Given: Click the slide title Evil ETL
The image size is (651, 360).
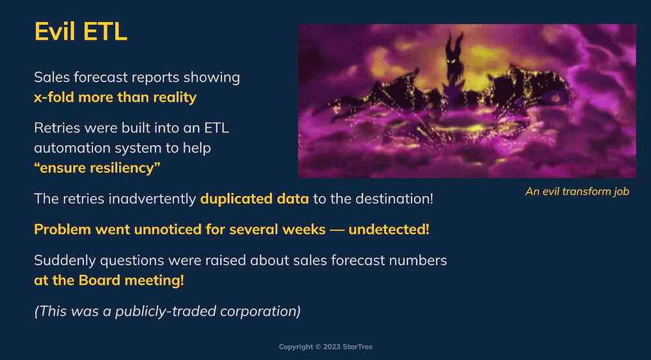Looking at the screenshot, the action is coord(81,31).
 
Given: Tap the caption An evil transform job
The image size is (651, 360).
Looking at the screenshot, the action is coord(577,191).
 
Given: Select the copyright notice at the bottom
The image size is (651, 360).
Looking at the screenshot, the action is coord(325,347).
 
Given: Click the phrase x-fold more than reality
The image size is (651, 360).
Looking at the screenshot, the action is coord(115,97).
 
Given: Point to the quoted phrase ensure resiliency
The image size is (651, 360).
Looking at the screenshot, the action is coord(97,168).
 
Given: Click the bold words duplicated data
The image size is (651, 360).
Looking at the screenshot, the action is coord(255,199).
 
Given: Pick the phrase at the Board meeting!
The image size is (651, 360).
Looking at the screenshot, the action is coord(109,281).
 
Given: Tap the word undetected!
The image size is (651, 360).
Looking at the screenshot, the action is coord(389,229).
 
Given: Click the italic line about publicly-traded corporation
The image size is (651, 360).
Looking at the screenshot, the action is coord(167,311).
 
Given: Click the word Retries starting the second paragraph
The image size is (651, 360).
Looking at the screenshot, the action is coord(57,128).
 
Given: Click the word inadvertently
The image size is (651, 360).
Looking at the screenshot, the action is coord(152,199).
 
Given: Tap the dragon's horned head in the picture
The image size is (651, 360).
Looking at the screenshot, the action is coord(454,57).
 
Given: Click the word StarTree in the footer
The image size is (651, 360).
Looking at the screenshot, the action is coord(358,347).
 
